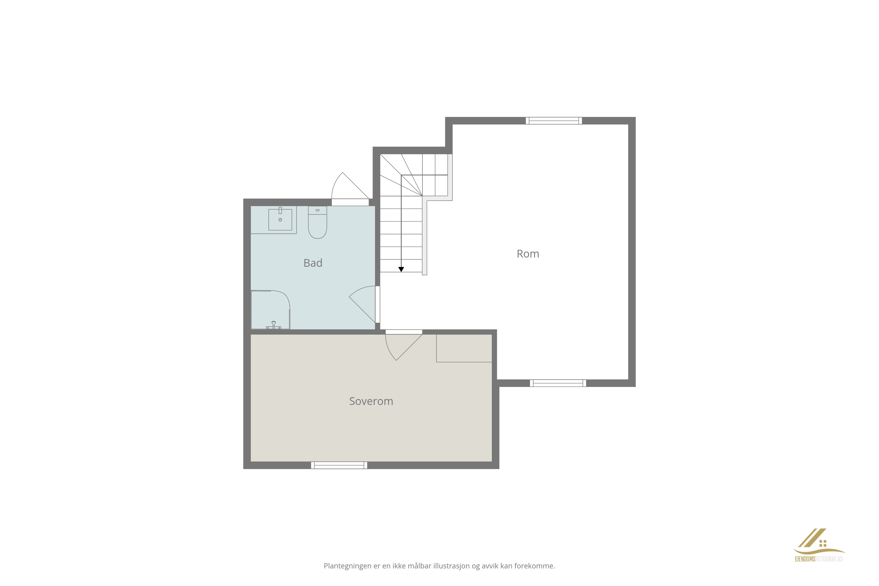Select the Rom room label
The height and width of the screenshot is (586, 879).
pyautogui.click(x=528, y=254)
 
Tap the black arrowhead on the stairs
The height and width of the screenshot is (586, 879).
pyautogui.click(x=401, y=269)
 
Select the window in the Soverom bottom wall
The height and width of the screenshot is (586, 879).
pyautogui.click(x=339, y=465)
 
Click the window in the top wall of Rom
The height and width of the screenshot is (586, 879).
pyautogui.click(x=554, y=121)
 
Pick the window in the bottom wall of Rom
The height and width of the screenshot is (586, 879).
pyautogui.click(x=558, y=383)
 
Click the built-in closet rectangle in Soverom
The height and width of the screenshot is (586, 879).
pyautogui.click(x=464, y=348)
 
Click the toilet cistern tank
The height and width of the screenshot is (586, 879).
pyautogui.click(x=317, y=210)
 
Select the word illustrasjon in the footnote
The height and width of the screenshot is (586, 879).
pyautogui.click(x=451, y=566)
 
